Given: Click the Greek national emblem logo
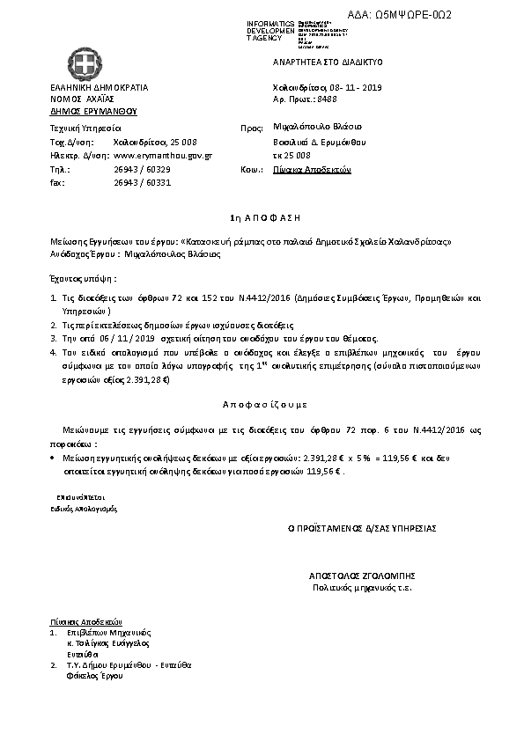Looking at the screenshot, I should coord(85,64).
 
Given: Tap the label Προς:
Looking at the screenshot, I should coord(252,128).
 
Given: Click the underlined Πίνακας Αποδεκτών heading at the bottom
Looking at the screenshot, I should coord(85,620).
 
